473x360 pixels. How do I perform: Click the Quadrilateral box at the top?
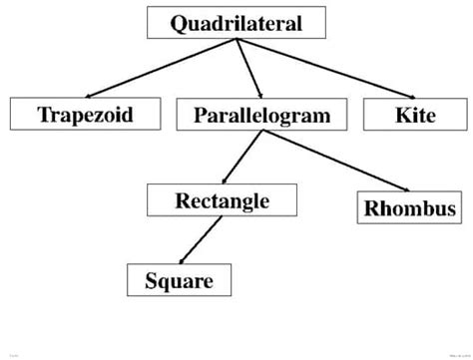(x=236, y=23)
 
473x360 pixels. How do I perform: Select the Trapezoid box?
(x=86, y=115)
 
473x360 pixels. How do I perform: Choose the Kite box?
(x=415, y=115)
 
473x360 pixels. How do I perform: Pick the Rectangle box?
(x=222, y=200)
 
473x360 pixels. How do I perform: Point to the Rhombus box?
(x=410, y=209)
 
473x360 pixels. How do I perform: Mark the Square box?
(x=179, y=280)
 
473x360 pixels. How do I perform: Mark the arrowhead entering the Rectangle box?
(x=224, y=180)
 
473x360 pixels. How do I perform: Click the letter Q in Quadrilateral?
(x=179, y=23)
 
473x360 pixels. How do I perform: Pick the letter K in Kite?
(x=402, y=115)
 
